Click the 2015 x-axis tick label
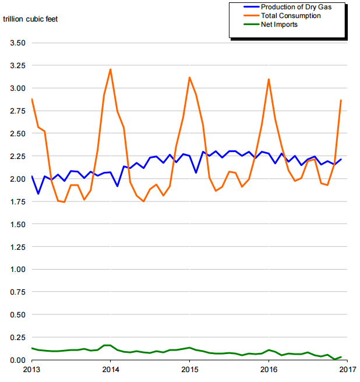coord(189,369)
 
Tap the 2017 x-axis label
coord(348,369)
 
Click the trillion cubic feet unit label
coord(30,19)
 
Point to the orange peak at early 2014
coord(110,69)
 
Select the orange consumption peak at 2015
coord(189,77)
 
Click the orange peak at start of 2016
coord(269,79)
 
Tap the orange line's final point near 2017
coord(341,100)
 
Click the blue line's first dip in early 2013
coord(38,193)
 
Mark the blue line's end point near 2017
coord(341,160)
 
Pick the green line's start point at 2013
coord(31,348)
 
